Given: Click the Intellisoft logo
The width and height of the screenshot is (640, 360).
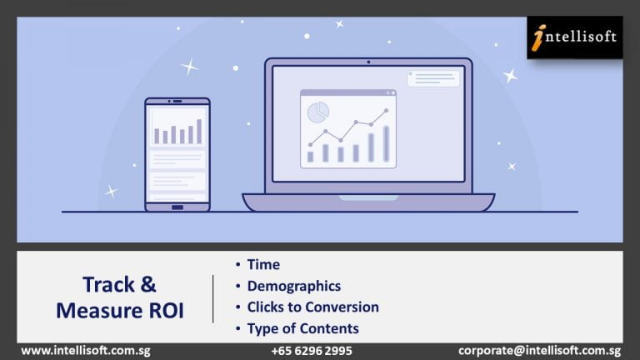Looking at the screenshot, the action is (575, 37).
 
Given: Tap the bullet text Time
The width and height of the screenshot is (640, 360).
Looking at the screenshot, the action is (263, 264).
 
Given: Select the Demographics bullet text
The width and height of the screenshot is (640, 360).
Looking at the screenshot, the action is (294, 286).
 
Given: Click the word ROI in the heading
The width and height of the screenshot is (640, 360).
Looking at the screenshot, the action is (166, 311).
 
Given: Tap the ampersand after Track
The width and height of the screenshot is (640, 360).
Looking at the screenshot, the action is (148, 284).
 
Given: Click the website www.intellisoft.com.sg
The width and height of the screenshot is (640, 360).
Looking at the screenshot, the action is (86, 351).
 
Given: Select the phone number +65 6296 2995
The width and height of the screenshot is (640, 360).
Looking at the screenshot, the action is (312, 351).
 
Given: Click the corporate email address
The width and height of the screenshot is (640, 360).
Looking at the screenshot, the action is (539, 351).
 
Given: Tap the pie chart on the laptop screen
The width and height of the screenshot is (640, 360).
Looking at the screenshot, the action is (318, 112).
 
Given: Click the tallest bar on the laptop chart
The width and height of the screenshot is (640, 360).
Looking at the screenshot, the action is (386, 143).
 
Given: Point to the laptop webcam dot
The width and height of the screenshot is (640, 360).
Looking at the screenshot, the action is (368, 62).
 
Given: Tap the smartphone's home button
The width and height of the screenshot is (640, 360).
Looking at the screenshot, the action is (177, 207).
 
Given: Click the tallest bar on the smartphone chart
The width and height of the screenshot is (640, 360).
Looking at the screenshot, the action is (199, 132).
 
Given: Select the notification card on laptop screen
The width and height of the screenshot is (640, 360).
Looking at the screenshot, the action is (433, 79).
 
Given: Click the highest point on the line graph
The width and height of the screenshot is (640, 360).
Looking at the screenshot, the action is (386, 110).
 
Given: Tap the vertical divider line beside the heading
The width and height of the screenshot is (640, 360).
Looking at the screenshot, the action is (213, 299).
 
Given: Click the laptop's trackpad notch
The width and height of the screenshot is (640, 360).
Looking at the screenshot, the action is (368, 198).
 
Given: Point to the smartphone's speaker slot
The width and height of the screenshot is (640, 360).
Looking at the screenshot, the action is (177, 101).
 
